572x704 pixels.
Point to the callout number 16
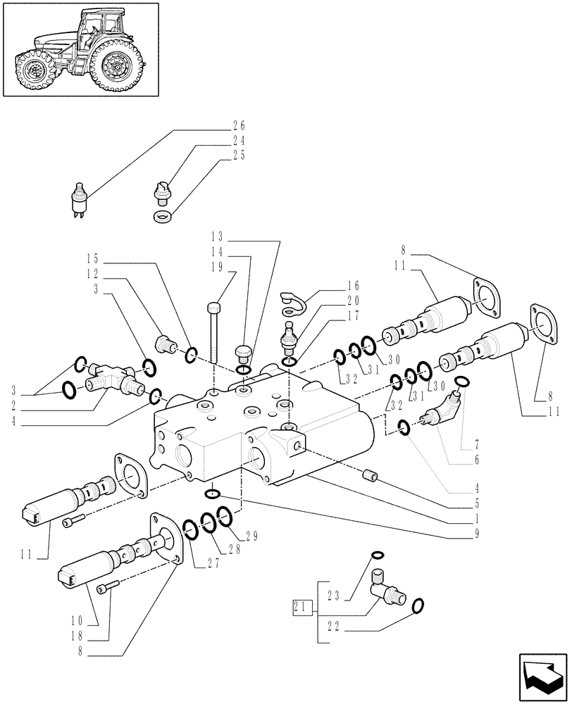tap(353, 286)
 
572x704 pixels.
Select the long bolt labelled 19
tap(213, 331)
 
